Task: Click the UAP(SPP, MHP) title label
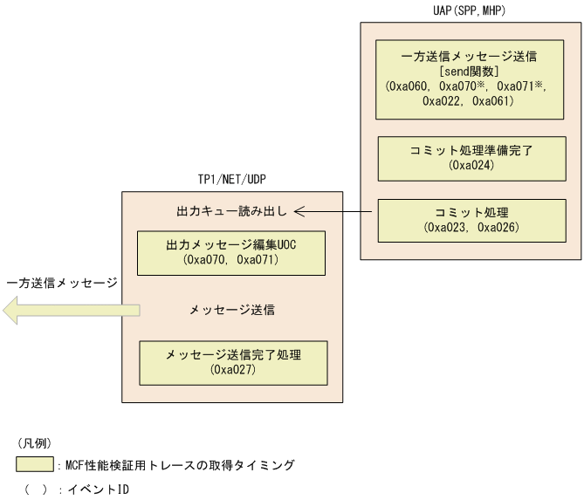tap(470, 10)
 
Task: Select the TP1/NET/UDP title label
tap(232, 181)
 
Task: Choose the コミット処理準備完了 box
tap(471, 157)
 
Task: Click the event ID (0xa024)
tap(471, 164)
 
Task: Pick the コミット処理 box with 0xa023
tap(471, 220)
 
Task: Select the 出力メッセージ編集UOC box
tap(231, 252)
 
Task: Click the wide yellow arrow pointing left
tap(70, 309)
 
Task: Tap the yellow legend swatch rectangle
tap(33, 465)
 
